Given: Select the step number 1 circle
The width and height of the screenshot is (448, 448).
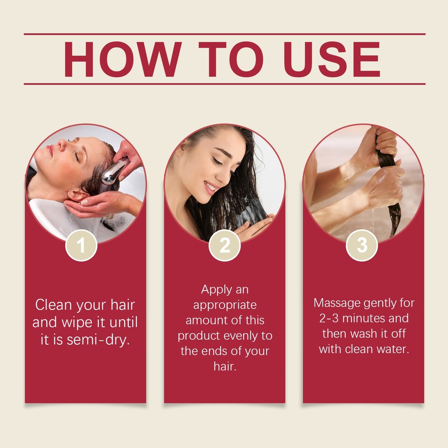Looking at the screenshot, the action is [x=81, y=245].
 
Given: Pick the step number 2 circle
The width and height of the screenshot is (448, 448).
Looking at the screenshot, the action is [x=224, y=245].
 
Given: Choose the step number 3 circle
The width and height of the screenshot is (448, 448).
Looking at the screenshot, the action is [x=362, y=245].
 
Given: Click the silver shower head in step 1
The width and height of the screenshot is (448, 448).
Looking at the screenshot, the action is [x=113, y=172].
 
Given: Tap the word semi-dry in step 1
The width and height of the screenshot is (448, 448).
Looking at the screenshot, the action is [x=98, y=339].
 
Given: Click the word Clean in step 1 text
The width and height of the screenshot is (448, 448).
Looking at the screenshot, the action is [x=53, y=304].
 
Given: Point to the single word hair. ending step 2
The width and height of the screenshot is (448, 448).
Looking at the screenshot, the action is [x=225, y=366].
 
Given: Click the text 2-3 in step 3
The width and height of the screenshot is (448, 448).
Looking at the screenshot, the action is [x=329, y=318].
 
